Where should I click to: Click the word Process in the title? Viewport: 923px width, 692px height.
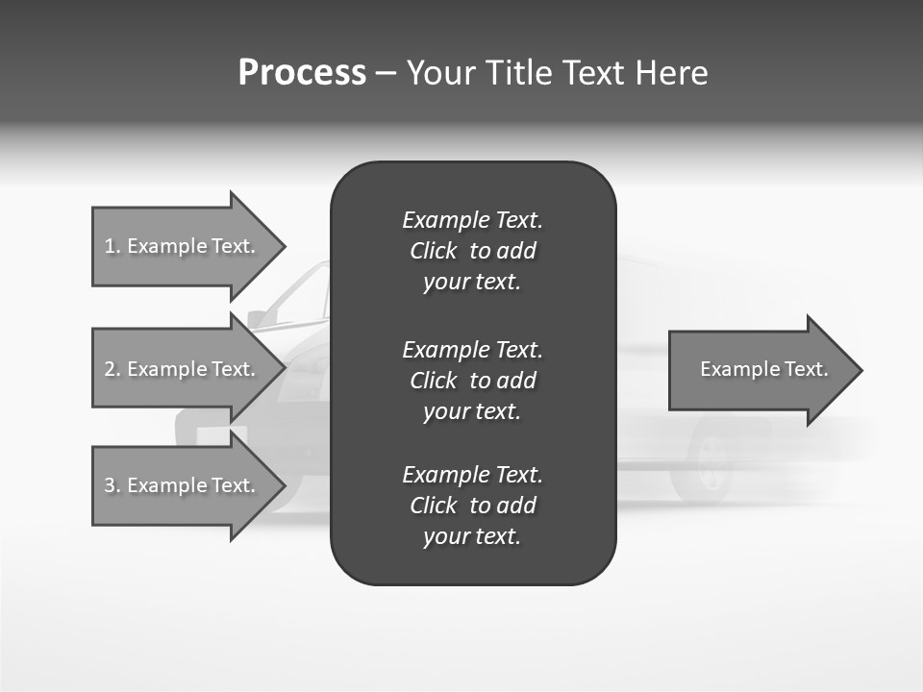pos(302,73)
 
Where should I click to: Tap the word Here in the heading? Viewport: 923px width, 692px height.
pos(671,73)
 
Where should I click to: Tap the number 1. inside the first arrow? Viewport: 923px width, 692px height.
pos(112,246)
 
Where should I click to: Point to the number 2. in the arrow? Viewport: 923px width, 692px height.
pos(112,369)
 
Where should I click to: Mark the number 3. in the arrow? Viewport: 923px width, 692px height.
pos(112,485)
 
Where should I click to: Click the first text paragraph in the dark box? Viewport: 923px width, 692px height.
pos(472,251)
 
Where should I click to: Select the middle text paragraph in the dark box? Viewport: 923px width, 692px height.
pos(472,380)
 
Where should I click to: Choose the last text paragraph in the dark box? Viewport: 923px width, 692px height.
pos(472,506)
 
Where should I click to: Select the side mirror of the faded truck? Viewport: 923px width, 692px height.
pos(257,319)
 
